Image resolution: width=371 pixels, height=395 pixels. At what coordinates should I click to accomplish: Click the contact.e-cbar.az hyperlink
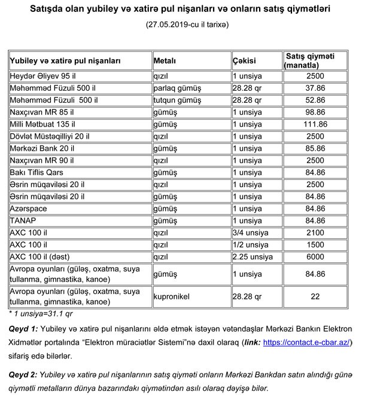coord(308,342)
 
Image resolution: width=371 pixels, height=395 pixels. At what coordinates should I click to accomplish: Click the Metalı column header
coord(168,60)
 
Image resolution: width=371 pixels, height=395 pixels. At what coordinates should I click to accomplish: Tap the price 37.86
coord(315,88)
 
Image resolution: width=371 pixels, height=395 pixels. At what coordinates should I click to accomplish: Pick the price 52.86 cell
coord(315,100)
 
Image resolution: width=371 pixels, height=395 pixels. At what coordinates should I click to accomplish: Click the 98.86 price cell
coord(315,112)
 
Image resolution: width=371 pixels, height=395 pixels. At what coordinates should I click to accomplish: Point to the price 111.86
coord(315,124)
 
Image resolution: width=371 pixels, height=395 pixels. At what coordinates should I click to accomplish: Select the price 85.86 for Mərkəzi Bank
coord(315,148)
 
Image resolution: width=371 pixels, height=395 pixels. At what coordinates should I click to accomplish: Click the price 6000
coord(315,257)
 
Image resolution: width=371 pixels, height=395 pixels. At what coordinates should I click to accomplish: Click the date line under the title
coord(186,25)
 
